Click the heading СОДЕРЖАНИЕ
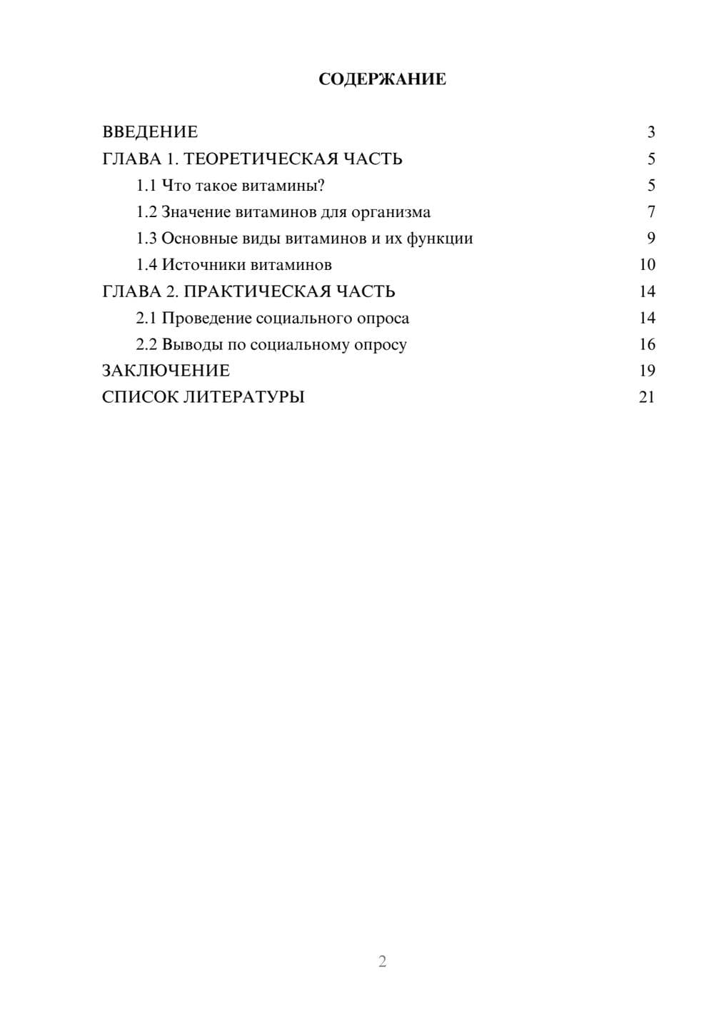tap(382, 79)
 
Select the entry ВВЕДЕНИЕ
tap(150, 132)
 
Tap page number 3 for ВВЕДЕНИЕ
tap(650, 132)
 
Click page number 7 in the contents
tap(650, 212)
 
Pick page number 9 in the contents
tap(650, 239)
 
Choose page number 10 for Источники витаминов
tap(647, 265)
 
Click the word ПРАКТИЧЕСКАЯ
tap(251, 291)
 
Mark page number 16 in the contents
tap(647, 344)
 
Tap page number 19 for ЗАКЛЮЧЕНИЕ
tap(647, 371)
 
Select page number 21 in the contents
tap(647, 397)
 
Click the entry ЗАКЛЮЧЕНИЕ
tap(166, 371)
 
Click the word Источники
tap(195, 265)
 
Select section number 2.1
tap(146, 318)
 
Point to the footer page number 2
tap(382, 961)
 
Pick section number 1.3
tap(146, 239)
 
